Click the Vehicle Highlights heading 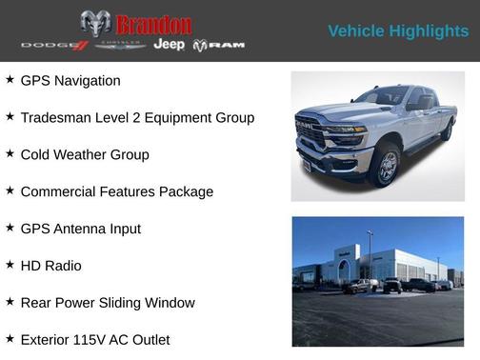click(x=398, y=31)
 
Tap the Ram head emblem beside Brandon click(x=95, y=24)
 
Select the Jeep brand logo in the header click(x=170, y=45)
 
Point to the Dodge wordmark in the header click(x=54, y=45)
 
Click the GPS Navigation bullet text click(x=70, y=81)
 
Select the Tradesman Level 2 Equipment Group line click(x=137, y=118)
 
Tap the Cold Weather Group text click(x=85, y=155)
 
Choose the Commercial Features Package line click(x=116, y=192)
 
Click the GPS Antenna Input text click(x=80, y=230)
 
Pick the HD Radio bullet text click(x=50, y=267)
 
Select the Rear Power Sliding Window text click(x=108, y=304)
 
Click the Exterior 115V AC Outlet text click(x=95, y=340)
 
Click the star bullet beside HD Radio click(x=10, y=266)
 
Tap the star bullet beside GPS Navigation click(x=10, y=80)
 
